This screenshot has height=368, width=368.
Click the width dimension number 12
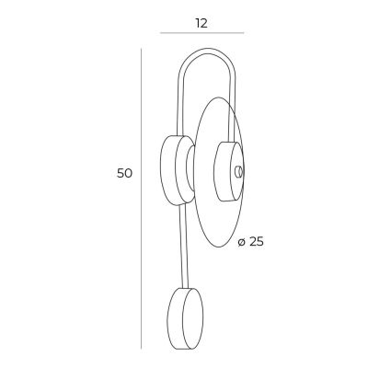201,23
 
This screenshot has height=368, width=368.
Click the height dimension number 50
124,173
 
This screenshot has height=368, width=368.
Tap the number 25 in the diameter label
256,242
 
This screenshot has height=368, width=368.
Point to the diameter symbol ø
242,242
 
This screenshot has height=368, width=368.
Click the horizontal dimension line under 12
202,32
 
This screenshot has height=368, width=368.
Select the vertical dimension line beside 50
141,199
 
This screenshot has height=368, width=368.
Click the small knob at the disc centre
238,172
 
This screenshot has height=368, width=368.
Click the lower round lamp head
185,318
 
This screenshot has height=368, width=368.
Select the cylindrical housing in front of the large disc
228,171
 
